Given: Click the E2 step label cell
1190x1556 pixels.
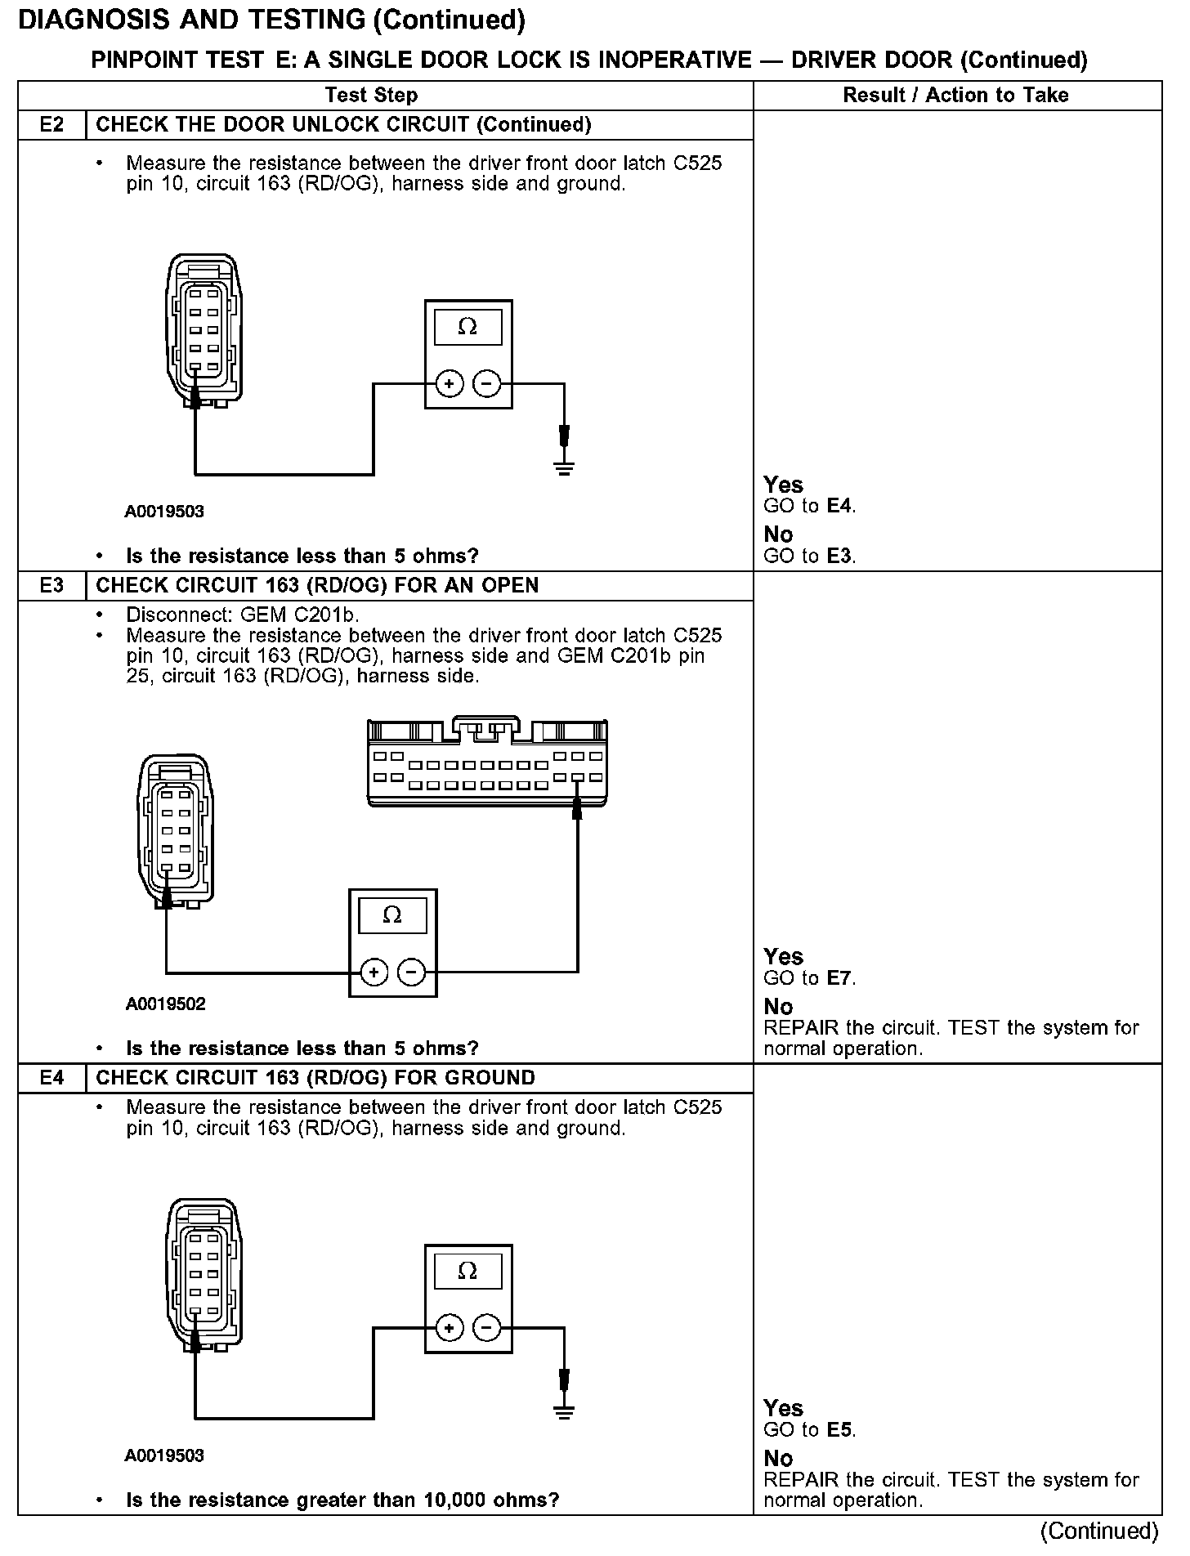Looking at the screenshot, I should pos(51,125).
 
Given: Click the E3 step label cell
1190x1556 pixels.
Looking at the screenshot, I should pos(51,586).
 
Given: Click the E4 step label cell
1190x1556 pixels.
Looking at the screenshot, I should pos(51,1078).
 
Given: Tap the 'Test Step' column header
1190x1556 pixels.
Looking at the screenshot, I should pos(371,95).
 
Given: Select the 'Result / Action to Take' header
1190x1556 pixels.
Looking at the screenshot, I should pos(955,95).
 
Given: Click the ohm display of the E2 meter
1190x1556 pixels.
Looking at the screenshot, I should pos(467,327).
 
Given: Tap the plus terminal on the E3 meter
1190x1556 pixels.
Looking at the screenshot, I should pos(374,972).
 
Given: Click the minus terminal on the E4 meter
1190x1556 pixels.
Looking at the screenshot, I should pos(487,1328).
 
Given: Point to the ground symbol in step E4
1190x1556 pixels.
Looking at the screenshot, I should pos(564,1411).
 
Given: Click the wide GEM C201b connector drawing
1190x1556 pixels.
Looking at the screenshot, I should pos(487,763).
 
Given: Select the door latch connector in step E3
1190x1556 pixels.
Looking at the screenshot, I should pos(175,830).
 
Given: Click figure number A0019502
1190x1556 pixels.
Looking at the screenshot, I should pos(165,1004).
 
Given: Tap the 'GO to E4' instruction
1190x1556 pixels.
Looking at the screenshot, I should pos(809,506).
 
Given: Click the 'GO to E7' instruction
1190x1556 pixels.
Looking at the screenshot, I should pos(809,978).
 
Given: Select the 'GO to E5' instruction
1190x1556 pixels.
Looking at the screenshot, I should pos(809,1430).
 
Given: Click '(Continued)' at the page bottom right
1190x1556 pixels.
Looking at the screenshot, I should pos(1099,1530).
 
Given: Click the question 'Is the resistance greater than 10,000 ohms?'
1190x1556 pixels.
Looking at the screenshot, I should pos(342,1500).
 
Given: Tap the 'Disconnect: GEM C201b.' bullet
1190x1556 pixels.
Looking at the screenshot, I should pos(243,615).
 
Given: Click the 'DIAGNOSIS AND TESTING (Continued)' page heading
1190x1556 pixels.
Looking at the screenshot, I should pos(271,20).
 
